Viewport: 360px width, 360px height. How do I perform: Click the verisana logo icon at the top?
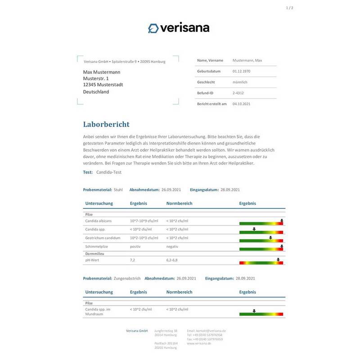[x=153, y=28]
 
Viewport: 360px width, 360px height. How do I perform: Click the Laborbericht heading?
[x=106, y=124]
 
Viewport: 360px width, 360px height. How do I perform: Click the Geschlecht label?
[x=206, y=82]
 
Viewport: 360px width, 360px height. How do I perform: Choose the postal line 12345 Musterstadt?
[x=103, y=85]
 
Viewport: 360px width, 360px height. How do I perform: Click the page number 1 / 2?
[x=289, y=8]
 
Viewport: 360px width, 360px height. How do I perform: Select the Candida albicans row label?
[x=99, y=221]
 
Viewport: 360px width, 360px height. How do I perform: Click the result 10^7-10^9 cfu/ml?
[x=144, y=221]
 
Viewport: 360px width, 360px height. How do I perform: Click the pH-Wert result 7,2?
[x=133, y=260]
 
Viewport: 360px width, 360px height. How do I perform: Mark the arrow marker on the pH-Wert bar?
[x=279, y=260]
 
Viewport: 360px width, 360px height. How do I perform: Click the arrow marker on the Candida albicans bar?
[x=281, y=221]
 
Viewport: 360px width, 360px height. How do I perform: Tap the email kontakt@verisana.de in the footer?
[x=207, y=331]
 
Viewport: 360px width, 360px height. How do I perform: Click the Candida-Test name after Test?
[x=109, y=172]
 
